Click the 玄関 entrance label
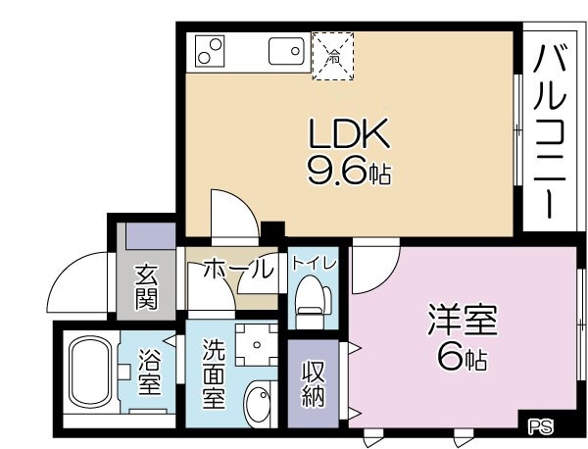click(x=147, y=285)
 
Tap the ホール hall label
click(x=237, y=269)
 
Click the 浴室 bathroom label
click(x=149, y=373)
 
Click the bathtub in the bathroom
click(x=88, y=374)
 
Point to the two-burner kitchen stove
click(x=210, y=50)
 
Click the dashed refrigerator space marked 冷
click(x=333, y=54)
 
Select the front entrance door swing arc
click(x=76, y=279)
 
